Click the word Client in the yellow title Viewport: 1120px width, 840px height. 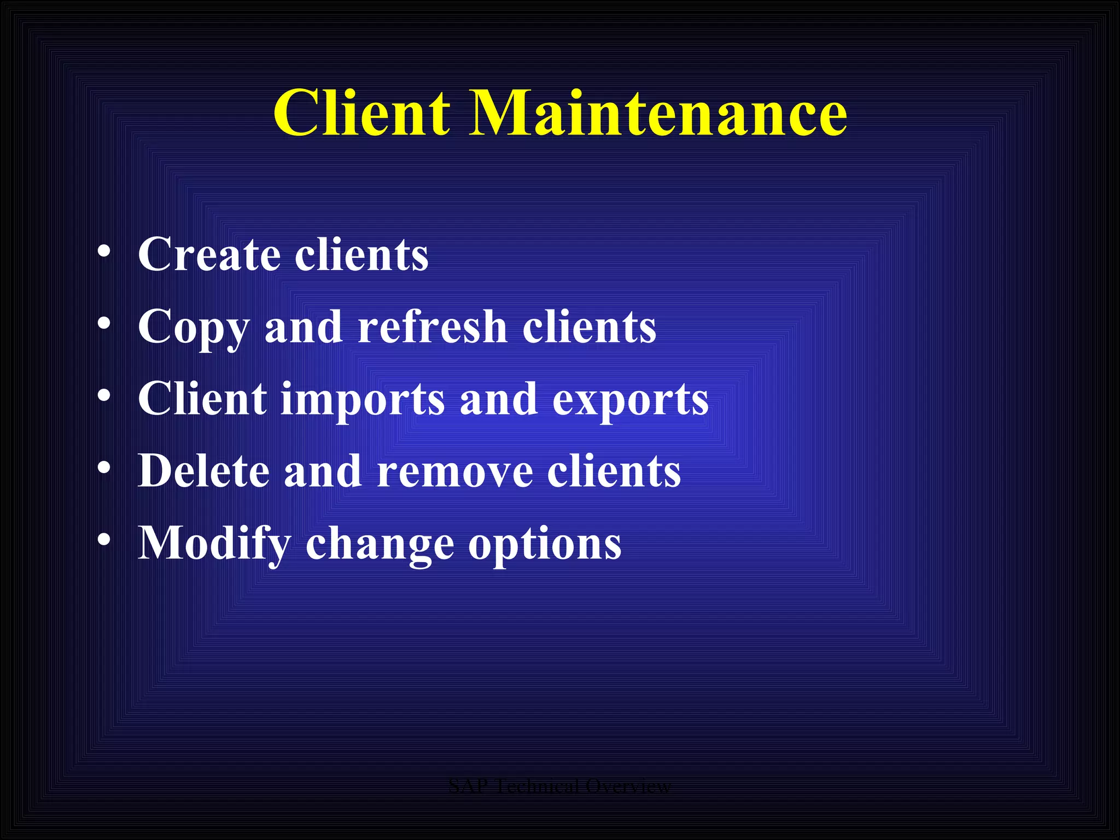coord(362,113)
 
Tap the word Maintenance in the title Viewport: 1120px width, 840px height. coord(658,113)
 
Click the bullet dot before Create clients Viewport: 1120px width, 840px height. coord(104,252)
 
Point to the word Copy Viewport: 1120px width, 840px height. coord(194,328)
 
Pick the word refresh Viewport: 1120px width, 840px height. coord(433,326)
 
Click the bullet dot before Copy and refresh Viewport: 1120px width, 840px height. coord(104,324)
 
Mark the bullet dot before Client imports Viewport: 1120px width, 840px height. coord(104,396)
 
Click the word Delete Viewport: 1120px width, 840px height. coord(203,471)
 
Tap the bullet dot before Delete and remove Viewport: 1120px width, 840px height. coord(104,468)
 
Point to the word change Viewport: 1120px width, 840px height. coord(380,544)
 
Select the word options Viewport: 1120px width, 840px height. coord(545,544)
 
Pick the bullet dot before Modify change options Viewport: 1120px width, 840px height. coord(104,540)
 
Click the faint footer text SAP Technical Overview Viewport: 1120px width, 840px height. coord(559,786)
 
